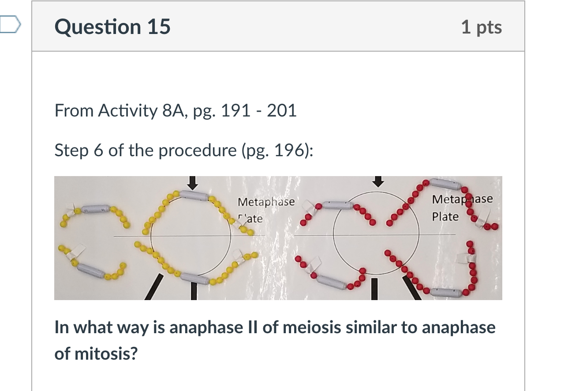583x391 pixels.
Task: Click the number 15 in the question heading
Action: tap(159, 26)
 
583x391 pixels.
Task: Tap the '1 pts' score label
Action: tap(482, 27)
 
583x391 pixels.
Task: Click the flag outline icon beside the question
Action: tap(11, 24)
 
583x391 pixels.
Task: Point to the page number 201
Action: tap(282, 110)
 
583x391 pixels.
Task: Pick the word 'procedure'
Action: tap(197, 151)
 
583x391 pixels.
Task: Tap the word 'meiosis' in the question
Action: tap(311, 327)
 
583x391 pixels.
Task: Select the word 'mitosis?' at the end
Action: tap(106, 354)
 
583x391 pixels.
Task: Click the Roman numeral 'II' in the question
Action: tap(252, 327)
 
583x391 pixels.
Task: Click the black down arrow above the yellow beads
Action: tap(193, 183)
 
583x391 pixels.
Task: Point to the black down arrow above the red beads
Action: tap(378, 181)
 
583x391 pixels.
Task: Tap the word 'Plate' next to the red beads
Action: tap(445, 217)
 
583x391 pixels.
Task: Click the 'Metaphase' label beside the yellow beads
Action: tap(266, 202)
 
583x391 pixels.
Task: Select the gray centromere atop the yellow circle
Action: tap(194, 195)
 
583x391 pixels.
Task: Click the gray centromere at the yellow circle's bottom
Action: tap(194, 278)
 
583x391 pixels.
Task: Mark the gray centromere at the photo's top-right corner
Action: tap(445, 184)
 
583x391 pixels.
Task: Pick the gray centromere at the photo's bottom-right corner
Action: tap(446, 293)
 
